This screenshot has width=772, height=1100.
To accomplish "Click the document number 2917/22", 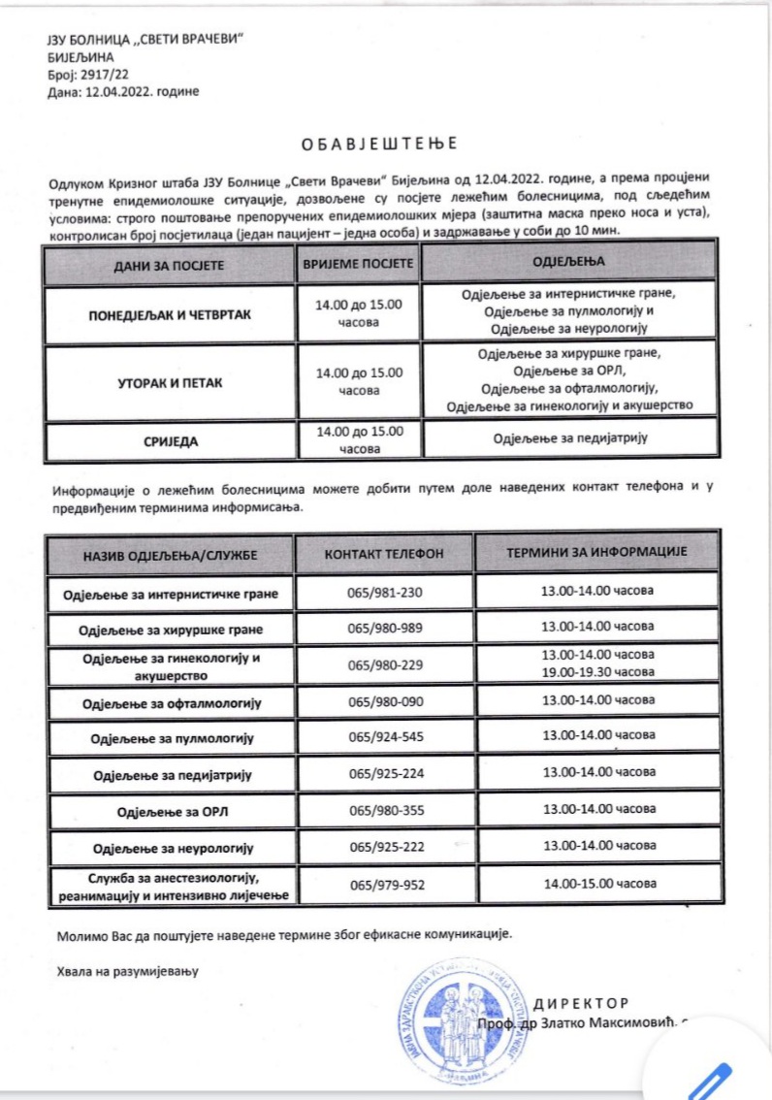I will tap(111, 73).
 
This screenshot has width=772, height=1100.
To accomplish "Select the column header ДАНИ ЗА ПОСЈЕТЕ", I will tap(170, 264).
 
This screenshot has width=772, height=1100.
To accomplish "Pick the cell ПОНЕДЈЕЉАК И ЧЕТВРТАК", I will tap(170, 312).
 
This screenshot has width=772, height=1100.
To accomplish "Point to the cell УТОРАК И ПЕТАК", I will tap(170, 382).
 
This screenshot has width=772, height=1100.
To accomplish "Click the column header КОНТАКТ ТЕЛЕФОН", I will tap(384, 553).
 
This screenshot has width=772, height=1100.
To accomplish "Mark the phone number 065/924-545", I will tap(385, 737).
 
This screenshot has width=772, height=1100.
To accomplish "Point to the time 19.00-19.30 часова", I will tap(597, 670).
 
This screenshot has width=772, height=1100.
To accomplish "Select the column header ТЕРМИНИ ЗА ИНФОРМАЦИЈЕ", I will tap(596, 551).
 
